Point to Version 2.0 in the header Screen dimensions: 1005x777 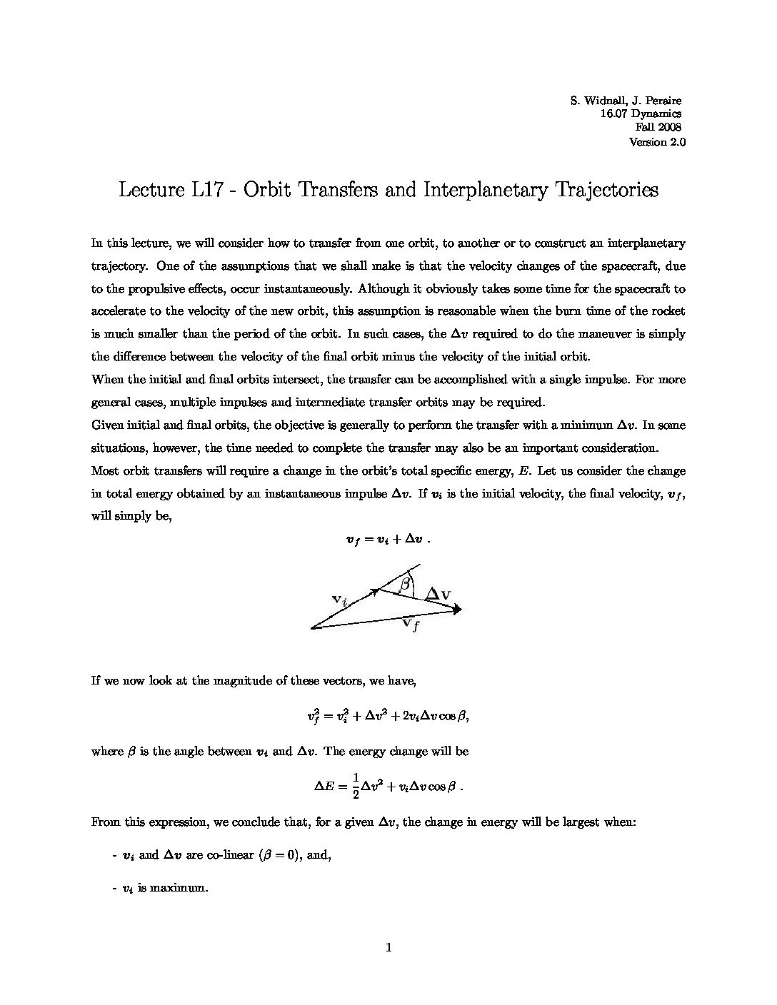coord(656,141)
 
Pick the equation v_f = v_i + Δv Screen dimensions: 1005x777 coord(387,540)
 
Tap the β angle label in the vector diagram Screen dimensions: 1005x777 coord(406,585)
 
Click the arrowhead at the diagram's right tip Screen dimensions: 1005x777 coord(457,609)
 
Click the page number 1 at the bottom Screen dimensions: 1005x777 coord(388,949)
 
